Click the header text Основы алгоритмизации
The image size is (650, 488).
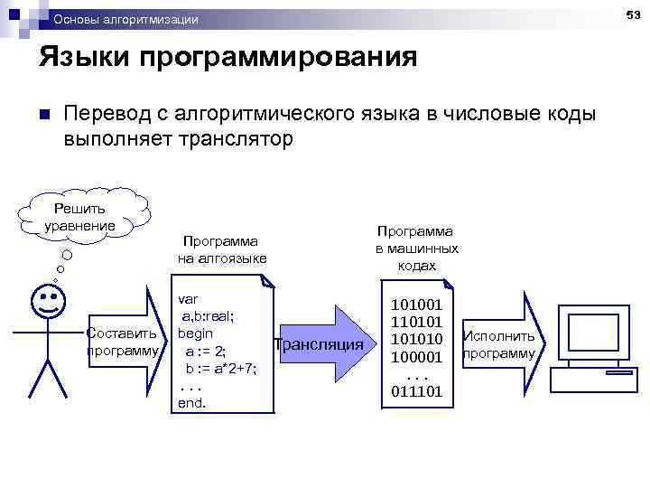(x=126, y=19)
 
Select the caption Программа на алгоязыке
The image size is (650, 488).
(x=220, y=250)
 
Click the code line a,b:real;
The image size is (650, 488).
(x=210, y=315)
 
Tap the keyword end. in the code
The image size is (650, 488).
(x=192, y=403)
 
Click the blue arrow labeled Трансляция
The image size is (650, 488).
(x=320, y=344)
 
